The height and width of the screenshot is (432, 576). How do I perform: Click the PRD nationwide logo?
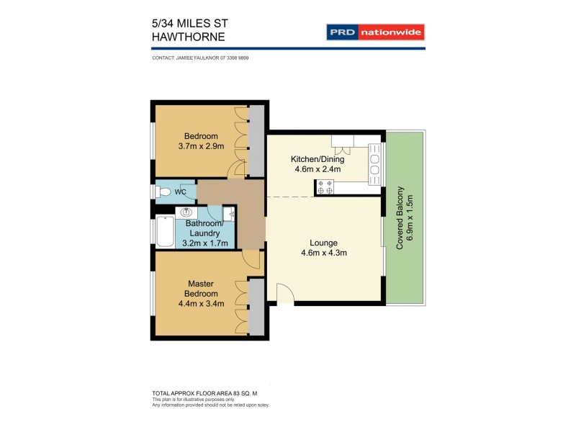pos(375,32)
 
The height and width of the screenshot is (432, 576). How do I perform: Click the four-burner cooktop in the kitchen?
pos(324,187)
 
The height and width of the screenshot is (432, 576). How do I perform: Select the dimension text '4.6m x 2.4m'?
pos(317,170)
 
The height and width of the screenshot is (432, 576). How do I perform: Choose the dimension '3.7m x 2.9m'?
pos(201,146)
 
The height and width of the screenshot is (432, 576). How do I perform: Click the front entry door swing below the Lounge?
pos(284,294)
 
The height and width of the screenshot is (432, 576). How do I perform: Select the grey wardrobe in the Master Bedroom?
pos(256,307)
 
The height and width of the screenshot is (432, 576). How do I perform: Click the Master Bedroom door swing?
pos(251,260)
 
